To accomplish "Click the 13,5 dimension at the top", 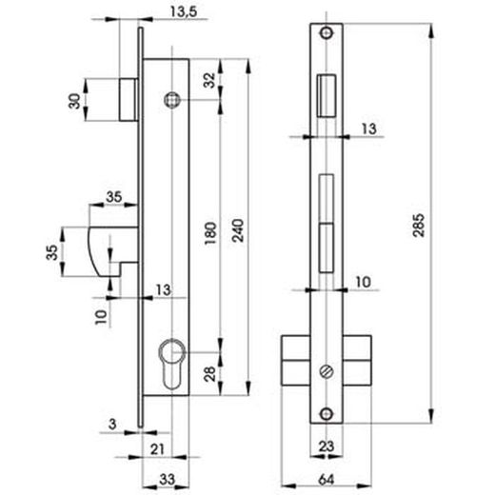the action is tap(184, 11).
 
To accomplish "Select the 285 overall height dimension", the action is tap(419, 226).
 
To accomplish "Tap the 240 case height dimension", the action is tap(238, 230).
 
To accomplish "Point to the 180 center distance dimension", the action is tap(210, 233).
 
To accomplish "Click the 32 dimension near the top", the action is tap(209, 80).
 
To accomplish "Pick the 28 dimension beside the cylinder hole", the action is tap(209, 374).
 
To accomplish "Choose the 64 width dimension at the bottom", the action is tap(326, 480).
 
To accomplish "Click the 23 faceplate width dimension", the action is tap(327, 446).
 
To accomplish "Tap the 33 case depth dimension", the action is tap(167, 479).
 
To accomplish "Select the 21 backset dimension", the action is tap(157, 449).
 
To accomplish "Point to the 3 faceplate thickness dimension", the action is tap(112, 424).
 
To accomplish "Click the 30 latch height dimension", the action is tap(75, 101).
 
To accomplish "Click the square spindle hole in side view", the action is tap(172, 100).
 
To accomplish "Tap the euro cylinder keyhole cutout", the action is tap(172, 364).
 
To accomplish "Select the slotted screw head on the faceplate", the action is tap(327, 371).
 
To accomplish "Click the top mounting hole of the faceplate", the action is tap(327, 32).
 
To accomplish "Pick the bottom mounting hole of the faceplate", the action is tap(327, 414).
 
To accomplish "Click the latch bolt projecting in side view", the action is tap(129, 100).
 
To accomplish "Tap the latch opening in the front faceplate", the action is tap(327, 95).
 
